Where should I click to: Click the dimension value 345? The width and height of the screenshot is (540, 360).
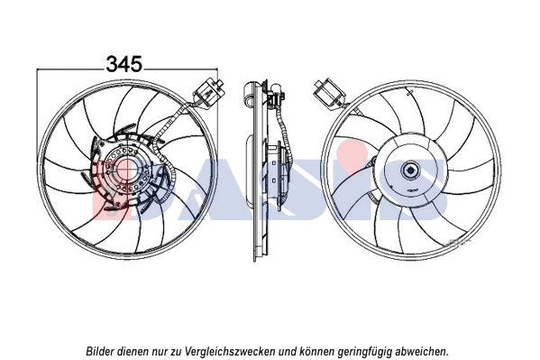pos(124,64)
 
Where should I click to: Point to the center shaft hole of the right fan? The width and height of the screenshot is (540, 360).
pos(411,171)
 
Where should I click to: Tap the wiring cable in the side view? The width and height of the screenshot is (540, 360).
pos(286,135)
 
